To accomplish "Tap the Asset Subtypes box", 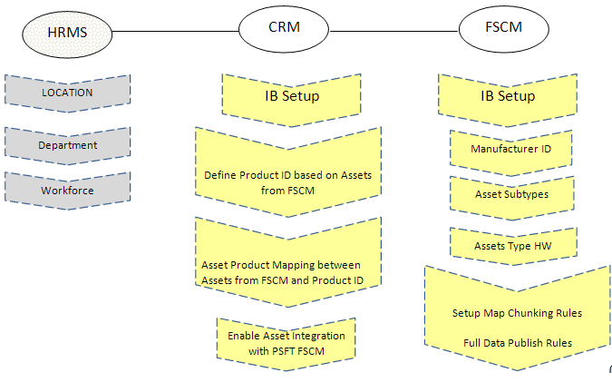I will coord(511,194).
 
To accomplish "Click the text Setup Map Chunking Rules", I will coord(517,313).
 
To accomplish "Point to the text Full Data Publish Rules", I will coord(517,342).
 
